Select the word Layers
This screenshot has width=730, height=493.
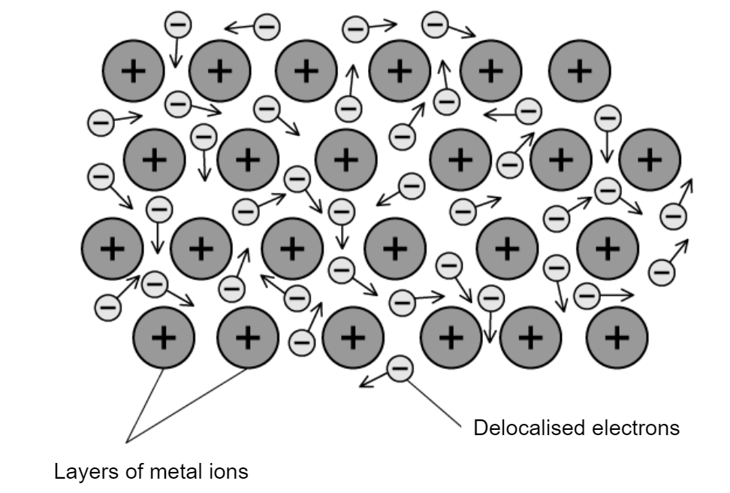(x=84, y=473)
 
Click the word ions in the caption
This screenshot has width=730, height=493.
(x=225, y=473)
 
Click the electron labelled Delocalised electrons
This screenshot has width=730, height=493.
(x=400, y=368)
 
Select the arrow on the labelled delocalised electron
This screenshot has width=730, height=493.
(x=373, y=380)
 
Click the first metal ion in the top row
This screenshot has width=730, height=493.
(x=133, y=71)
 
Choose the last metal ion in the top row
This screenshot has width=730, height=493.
(x=579, y=71)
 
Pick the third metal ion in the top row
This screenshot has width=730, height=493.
(x=306, y=71)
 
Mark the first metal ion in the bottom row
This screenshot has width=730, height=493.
(x=164, y=338)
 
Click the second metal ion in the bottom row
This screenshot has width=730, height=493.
(x=247, y=338)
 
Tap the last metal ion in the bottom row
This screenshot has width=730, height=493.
(x=617, y=338)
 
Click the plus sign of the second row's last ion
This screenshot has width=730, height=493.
(x=650, y=159)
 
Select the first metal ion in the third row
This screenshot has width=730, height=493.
(x=112, y=248)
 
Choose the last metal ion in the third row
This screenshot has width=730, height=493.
(x=608, y=248)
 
